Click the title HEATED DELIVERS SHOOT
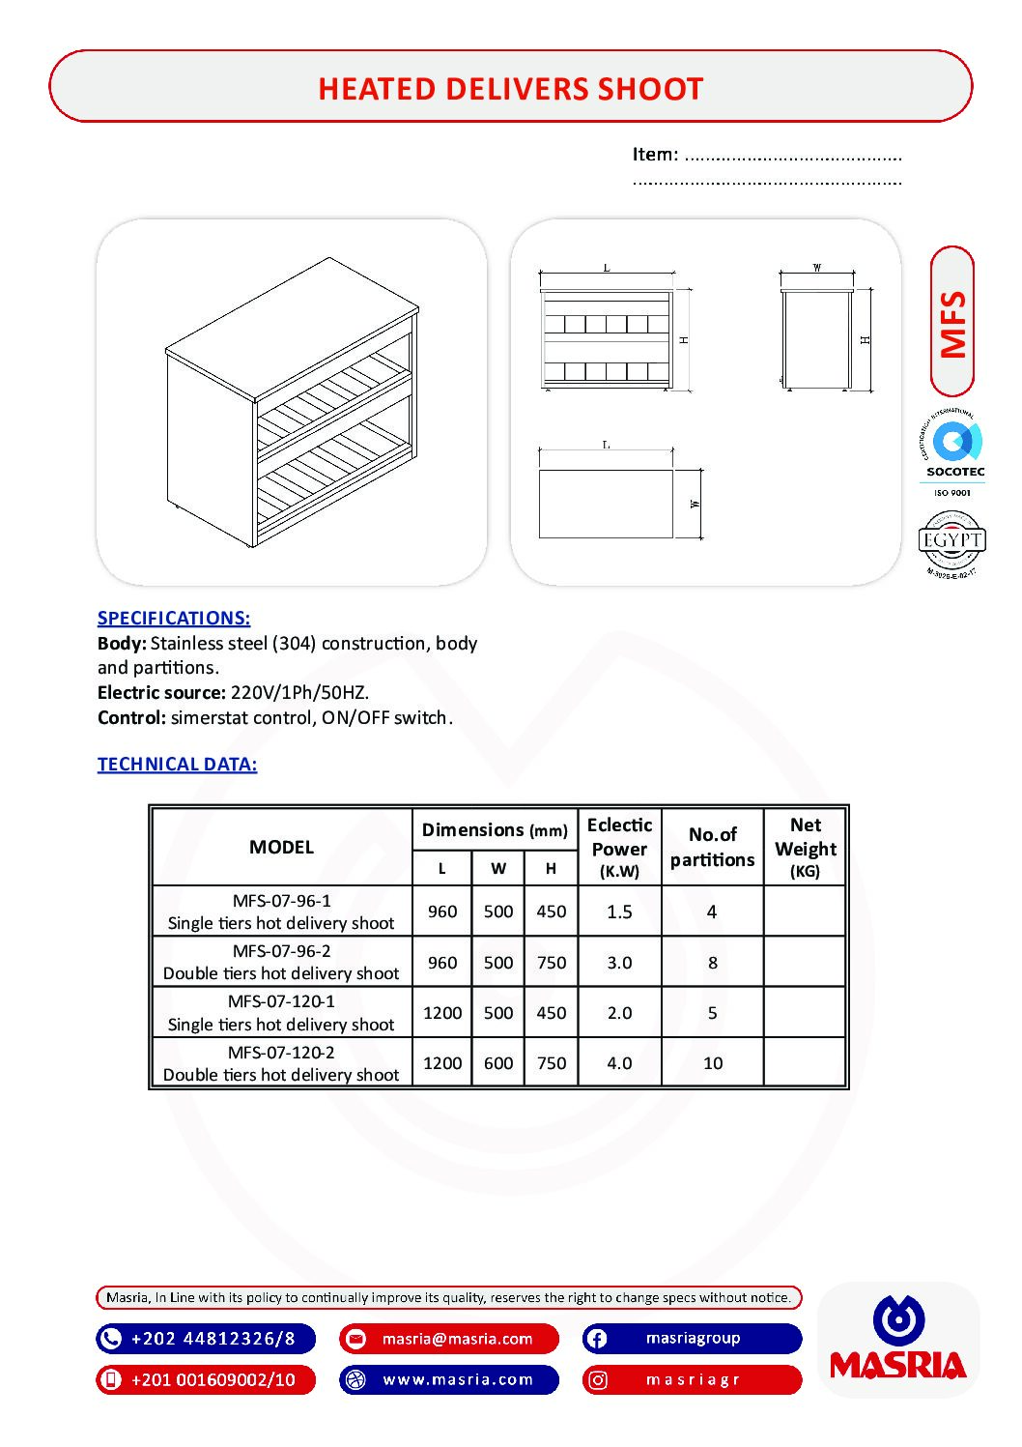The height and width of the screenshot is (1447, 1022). click(x=510, y=89)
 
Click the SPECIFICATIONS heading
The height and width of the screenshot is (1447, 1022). click(x=174, y=618)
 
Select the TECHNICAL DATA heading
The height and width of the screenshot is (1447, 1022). click(x=177, y=764)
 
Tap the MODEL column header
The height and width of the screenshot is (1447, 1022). click(x=281, y=847)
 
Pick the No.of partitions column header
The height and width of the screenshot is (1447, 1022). click(x=712, y=847)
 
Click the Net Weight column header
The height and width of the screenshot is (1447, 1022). click(x=805, y=847)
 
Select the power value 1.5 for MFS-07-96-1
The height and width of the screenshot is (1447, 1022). click(x=619, y=912)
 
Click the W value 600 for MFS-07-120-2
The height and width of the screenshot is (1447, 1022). click(x=498, y=1063)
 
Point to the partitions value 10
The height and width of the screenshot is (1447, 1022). click(x=712, y=1063)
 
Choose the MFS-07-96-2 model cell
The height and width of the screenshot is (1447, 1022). click(x=281, y=962)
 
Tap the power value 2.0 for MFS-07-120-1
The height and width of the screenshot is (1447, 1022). click(x=619, y=1013)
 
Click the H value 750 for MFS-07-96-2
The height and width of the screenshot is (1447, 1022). click(x=551, y=963)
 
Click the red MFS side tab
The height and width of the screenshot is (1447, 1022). click(x=952, y=322)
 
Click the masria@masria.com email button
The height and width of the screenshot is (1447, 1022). click(x=449, y=1339)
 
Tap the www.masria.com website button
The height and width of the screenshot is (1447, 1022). click(x=449, y=1379)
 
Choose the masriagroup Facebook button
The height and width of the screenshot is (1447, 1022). click(x=692, y=1339)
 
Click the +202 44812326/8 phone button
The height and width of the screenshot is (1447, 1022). click(x=206, y=1339)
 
